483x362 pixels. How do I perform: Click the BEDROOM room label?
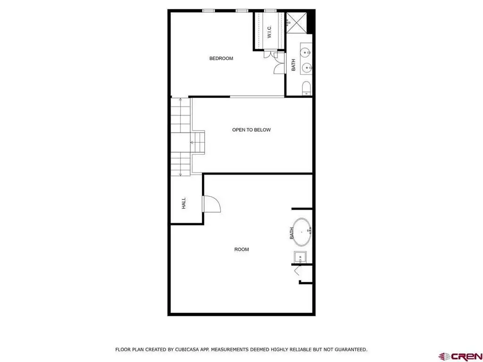[221, 58]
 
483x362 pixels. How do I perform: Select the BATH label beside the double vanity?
[293, 65]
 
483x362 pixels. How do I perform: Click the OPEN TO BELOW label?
[251, 130]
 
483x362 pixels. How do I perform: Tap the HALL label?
[183, 204]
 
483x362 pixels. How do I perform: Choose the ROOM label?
[241, 249]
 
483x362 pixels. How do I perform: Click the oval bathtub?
[302, 232]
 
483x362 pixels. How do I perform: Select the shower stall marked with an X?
[296, 22]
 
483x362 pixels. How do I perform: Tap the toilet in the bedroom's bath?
[307, 88]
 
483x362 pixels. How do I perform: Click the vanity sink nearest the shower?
[307, 53]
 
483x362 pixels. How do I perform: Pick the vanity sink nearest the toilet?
[307, 67]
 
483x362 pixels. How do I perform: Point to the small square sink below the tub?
[300, 257]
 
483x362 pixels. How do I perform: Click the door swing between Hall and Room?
[212, 204]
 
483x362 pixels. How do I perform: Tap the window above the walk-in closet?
[270, 11]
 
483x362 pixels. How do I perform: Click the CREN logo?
[460, 356]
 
